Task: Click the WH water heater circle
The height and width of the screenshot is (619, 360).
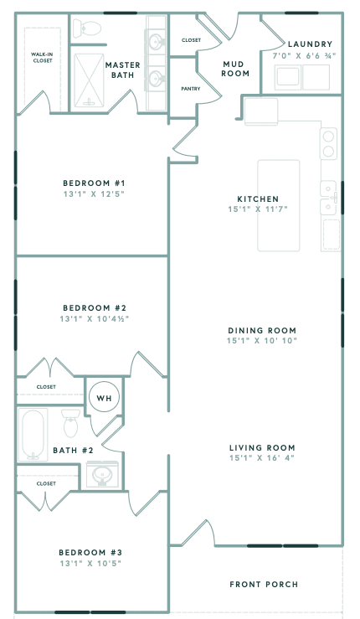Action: [105, 397]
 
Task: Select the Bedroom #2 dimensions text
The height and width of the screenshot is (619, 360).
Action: [94, 319]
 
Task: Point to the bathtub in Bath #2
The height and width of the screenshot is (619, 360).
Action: [34, 434]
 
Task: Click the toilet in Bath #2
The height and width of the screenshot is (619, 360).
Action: [70, 424]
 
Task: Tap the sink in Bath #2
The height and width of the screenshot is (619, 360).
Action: [103, 475]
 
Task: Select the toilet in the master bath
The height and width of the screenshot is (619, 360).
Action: [86, 29]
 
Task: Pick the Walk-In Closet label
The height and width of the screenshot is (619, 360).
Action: [37, 58]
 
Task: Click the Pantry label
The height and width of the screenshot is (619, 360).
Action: [190, 87]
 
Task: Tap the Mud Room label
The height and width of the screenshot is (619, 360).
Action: [236, 68]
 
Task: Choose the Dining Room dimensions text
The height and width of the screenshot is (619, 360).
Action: [261, 341]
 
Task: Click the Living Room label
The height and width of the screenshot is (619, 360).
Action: [262, 447]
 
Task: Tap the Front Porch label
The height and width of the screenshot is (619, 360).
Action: [264, 584]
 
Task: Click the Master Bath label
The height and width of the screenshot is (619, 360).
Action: [122, 70]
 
